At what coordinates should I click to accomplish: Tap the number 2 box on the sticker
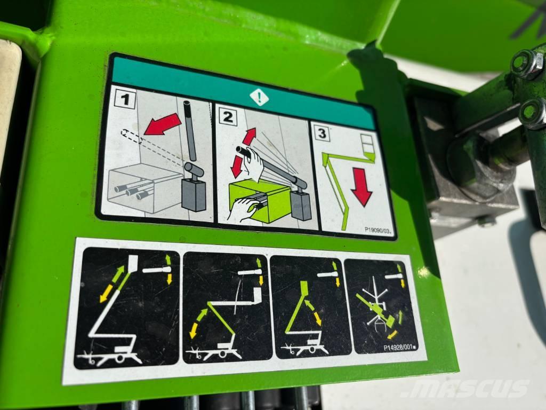(x=229, y=118)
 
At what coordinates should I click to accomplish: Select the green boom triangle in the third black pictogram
(x=301, y=315)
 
